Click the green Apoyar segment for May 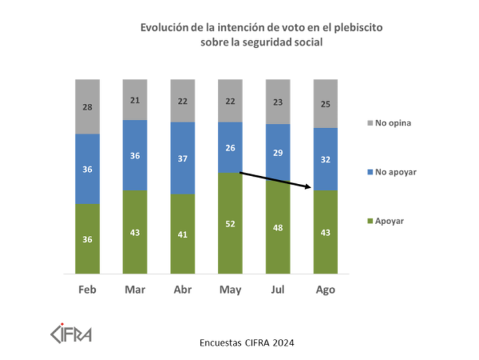(229, 243)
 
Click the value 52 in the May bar (229, 224)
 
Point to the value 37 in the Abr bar (182, 158)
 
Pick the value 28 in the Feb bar (87, 106)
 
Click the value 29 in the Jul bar (278, 152)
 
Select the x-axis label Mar (135, 290)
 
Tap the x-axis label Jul (278, 290)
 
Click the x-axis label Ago (325, 290)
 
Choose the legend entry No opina (392, 122)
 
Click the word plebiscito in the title (359, 29)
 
